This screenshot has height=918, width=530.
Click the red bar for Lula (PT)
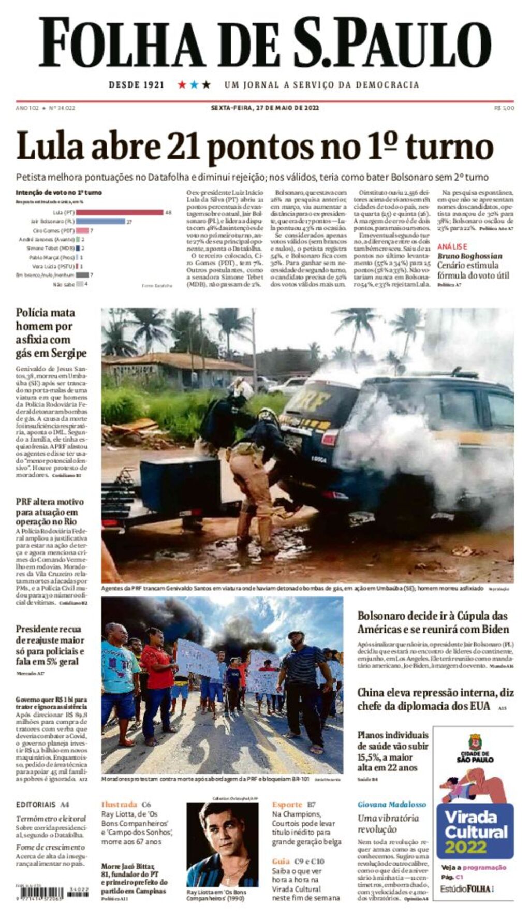coord(120,212)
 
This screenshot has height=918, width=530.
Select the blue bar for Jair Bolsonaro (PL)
coord(100,221)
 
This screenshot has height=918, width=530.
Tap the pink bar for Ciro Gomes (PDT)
coord(82,230)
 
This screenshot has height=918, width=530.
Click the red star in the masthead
coord(182,84)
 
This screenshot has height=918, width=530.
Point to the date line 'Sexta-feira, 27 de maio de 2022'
coord(264,108)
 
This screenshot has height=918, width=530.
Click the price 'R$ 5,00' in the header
coord(504,108)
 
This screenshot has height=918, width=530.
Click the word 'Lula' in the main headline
coord(50,146)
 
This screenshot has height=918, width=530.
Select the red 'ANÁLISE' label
coord(452,246)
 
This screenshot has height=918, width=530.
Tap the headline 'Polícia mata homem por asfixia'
coord(51,332)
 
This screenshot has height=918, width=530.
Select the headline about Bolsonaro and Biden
coord(433,622)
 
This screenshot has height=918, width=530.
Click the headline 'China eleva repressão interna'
coord(435,699)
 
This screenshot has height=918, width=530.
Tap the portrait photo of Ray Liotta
coord(222,844)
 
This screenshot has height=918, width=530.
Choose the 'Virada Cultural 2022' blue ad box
coord(475,832)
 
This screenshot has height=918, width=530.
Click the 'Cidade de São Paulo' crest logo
coord(475,742)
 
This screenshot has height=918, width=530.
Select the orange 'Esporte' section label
coord(287,804)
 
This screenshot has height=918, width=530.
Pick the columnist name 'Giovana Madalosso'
coord(392,804)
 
